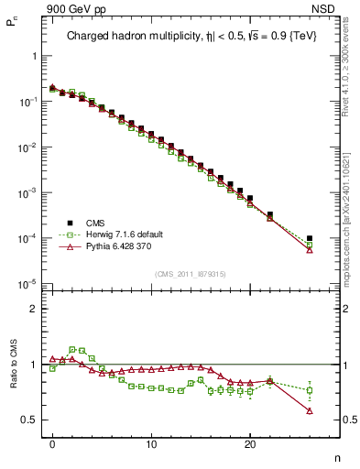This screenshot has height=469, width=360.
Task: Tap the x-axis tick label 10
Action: [x=151, y=445]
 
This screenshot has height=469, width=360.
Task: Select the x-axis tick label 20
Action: [x=250, y=445]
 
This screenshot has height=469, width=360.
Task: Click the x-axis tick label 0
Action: [x=53, y=445]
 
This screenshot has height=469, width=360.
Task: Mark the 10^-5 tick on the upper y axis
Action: [x=27, y=284]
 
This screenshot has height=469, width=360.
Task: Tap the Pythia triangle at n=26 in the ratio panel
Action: [x=310, y=410]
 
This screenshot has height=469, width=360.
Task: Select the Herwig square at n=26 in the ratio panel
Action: [x=310, y=390]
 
